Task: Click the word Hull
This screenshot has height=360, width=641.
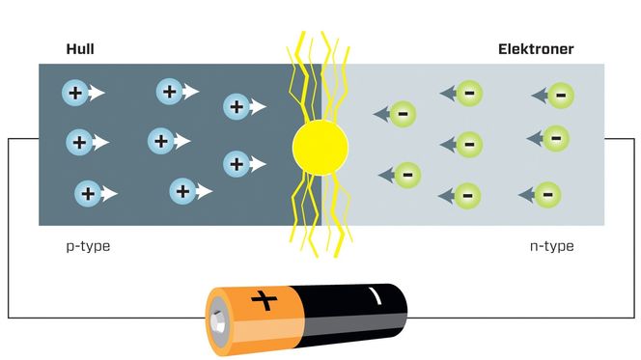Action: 80,49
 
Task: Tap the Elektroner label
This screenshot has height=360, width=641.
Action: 536,49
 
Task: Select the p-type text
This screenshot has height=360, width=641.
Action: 88,246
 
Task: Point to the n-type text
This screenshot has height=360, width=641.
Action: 551,246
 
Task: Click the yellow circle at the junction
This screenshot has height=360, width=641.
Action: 320,148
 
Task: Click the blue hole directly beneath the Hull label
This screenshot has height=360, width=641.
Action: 74,94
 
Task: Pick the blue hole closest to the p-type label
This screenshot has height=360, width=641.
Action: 87,193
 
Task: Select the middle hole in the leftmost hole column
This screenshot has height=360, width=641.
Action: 79,143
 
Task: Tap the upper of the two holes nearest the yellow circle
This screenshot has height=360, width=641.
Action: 236,106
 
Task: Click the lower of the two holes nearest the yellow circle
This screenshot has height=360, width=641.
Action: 236,162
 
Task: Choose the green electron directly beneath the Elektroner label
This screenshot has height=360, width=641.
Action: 560,94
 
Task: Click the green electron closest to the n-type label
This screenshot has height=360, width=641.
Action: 546,194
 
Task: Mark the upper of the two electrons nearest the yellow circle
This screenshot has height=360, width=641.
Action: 404,115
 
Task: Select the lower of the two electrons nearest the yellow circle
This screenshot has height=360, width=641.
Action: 407,175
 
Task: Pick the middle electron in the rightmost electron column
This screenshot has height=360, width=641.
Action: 555,138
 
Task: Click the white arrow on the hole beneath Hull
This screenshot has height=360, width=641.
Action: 97,95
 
